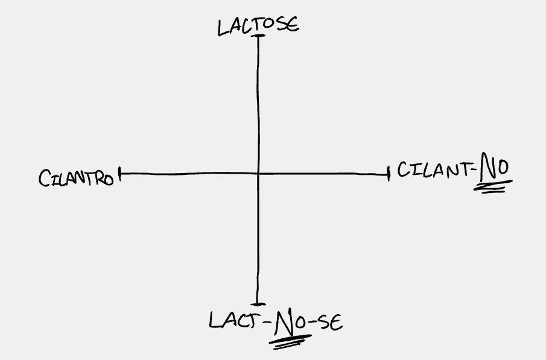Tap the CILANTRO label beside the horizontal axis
pyautogui.click(x=76, y=178)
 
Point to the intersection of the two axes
pyautogui.click(x=258, y=174)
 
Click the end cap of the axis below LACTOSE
pyautogui.click(x=258, y=37)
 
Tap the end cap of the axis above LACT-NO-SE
pyautogui.click(x=258, y=304)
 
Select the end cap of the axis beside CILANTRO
pyautogui.click(x=120, y=174)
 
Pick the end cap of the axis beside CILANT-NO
pyautogui.click(x=389, y=174)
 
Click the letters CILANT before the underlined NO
pyautogui.click(x=432, y=172)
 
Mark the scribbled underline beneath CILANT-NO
pyautogui.click(x=490, y=189)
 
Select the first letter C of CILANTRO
pyautogui.click(x=43, y=178)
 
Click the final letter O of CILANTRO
pyautogui.click(x=109, y=179)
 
